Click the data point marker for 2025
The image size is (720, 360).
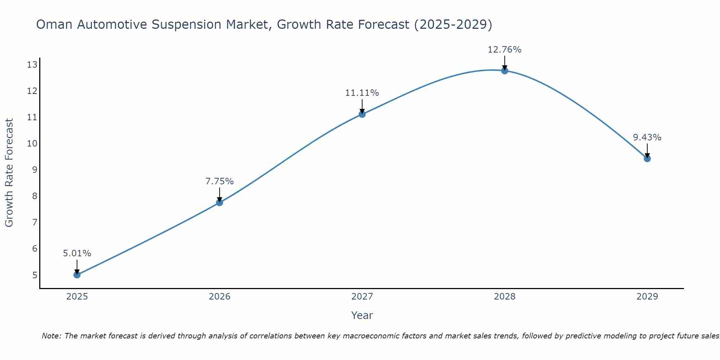pyautogui.click(x=77, y=275)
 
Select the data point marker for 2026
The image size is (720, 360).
pyautogui.click(x=220, y=202)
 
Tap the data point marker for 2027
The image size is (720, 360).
pyautogui.click(x=362, y=114)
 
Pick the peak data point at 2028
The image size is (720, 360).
pyautogui.click(x=505, y=71)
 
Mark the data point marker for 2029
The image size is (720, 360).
pyautogui.click(x=647, y=158)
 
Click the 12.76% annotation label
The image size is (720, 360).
pyautogui.click(x=504, y=50)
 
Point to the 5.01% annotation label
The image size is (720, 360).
pyautogui.click(x=77, y=253)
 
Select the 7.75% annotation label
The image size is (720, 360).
pyautogui.click(x=220, y=181)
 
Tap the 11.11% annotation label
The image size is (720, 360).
pyautogui.click(x=362, y=93)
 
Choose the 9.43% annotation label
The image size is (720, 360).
pyautogui.click(x=647, y=138)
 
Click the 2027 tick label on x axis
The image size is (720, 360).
pyautogui.click(x=362, y=297)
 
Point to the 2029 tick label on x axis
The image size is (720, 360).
pyautogui.click(x=647, y=297)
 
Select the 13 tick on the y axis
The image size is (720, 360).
pyautogui.click(x=32, y=65)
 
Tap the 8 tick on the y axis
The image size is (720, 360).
pyautogui.click(x=35, y=196)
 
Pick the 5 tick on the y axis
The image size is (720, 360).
pyautogui.click(x=35, y=275)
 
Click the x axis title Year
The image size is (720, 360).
pyautogui.click(x=362, y=315)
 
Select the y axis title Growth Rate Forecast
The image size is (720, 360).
pyautogui.click(x=9, y=173)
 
